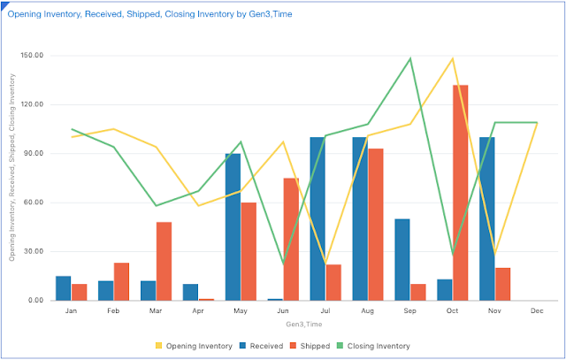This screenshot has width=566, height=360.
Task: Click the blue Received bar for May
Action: tap(233, 227)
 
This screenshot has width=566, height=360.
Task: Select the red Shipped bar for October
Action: tap(461, 193)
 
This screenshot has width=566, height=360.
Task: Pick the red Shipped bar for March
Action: tap(164, 261)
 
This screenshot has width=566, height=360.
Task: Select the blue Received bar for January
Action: tap(63, 288)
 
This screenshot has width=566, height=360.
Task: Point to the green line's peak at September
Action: tap(410, 58)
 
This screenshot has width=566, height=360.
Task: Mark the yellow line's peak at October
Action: tap(453, 58)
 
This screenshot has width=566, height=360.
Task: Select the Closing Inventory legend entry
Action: tap(378, 345)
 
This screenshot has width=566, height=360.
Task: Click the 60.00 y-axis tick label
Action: tap(33, 203)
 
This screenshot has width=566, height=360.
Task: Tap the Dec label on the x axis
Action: tap(538, 311)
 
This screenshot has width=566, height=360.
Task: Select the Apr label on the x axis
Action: tap(198, 311)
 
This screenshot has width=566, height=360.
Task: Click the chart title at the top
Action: tap(156, 14)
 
